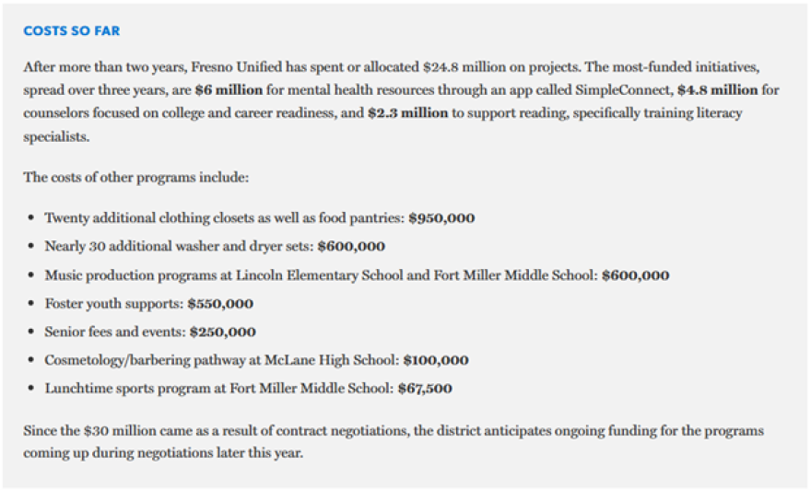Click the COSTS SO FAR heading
[71, 31]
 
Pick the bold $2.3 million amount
[407, 113]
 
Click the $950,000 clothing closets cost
[441, 218]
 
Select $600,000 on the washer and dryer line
[351, 247]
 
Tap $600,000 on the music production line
[635, 275]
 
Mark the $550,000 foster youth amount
[219, 304]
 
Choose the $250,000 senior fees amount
[222, 332]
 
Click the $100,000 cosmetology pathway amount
[435, 360]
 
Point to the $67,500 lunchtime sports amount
[424, 389]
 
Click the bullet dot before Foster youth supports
[32, 304]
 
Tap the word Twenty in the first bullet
[65, 218]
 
